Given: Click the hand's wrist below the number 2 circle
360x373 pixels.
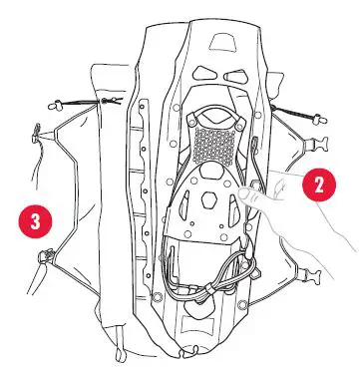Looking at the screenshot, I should [x=334, y=239].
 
